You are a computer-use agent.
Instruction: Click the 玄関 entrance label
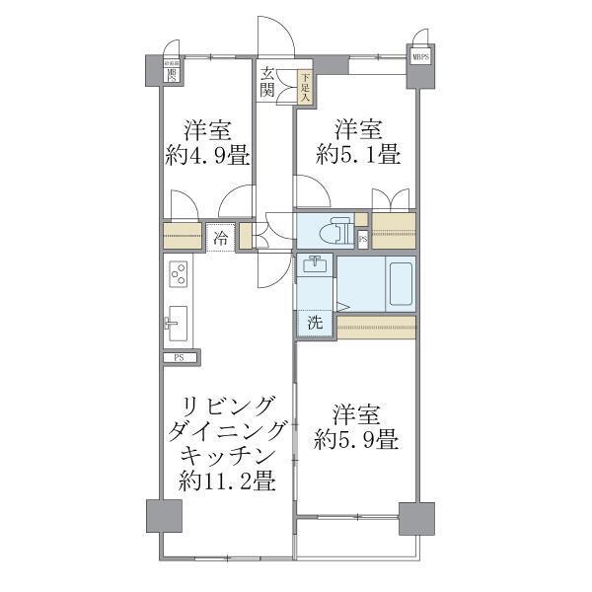point(269,81)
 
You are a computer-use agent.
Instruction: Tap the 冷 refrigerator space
point(221,238)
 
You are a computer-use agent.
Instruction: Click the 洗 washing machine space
point(315,322)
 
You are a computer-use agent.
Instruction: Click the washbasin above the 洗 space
point(316,266)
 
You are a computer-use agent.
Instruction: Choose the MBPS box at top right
point(421,57)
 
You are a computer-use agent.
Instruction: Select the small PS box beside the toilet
point(362,238)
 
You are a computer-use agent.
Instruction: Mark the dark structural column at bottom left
point(164,517)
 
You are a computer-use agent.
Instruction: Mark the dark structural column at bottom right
point(416,517)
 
